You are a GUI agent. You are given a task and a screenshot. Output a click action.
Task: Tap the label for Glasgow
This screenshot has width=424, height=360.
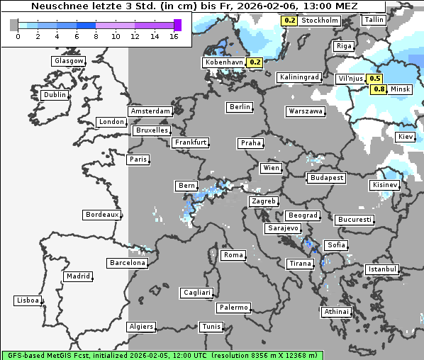[x=69, y=61]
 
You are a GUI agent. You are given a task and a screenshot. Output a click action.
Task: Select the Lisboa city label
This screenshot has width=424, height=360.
[x=28, y=300]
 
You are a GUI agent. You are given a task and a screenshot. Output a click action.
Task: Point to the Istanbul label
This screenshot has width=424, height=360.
[x=382, y=269]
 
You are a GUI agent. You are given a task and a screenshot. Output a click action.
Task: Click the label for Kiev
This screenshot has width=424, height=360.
[x=406, y=136]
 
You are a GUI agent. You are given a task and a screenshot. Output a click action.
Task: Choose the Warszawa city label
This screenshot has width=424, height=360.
[x=306, y=111]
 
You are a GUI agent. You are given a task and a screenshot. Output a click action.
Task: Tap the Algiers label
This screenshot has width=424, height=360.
[x=140, y=327]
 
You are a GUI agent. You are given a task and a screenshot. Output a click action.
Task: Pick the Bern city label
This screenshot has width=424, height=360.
[x=186, y=186]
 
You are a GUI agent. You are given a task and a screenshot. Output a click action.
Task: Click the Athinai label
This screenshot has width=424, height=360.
[x=336, y=312]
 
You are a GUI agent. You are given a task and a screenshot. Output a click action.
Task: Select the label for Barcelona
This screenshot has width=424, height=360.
[x=128, y=263]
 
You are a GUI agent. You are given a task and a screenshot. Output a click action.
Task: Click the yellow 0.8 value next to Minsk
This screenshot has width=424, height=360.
[x=379, y=89]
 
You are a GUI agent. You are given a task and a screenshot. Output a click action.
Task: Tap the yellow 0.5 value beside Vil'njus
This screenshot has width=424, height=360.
[x=375, y=79]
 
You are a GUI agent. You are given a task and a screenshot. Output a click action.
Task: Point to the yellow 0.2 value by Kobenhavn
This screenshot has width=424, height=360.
[x=255, y=62]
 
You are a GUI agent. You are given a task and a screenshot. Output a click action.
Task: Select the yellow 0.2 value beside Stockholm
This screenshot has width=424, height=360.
[x=289, y=21]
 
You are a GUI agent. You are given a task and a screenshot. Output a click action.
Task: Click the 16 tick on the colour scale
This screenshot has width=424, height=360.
[x=174, y=35]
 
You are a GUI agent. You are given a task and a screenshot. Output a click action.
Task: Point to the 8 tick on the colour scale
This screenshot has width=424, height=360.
[x=96, y=35]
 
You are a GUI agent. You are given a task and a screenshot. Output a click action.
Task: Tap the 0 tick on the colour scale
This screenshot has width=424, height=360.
[x=18, y=35]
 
